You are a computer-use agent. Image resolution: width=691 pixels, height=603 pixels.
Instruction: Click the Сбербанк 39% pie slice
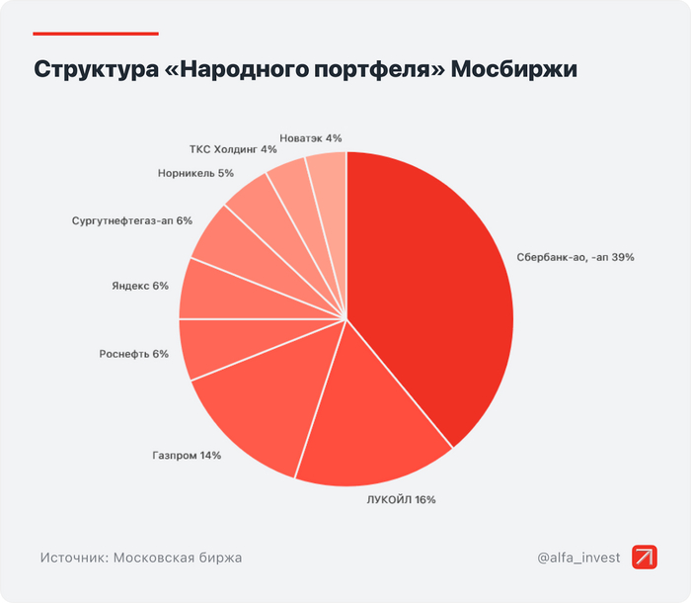click(x=434, y=287)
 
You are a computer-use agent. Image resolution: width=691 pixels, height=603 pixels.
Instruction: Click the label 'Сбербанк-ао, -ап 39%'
click(x=575, y=257)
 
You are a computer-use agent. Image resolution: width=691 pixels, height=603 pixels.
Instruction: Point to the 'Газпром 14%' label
click(x=187, y=456)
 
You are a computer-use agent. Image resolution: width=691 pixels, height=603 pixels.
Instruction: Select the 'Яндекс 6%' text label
click(x=140, y=286)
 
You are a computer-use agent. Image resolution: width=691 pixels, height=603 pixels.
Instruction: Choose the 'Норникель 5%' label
click(x=195, y=173)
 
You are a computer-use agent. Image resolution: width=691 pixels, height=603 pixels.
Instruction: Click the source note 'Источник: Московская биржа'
click(x=141, y=558)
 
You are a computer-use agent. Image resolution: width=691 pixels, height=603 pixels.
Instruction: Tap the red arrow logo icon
click(x=645, y=558)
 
